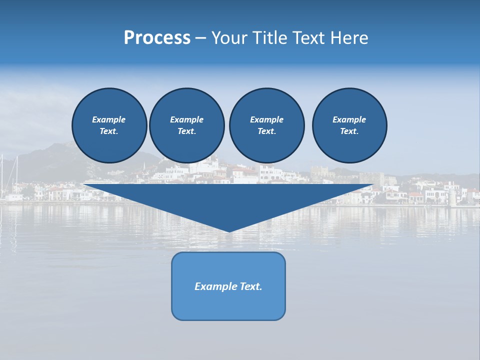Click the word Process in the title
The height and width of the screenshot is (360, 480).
pos(157,38)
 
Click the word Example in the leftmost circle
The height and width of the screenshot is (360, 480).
pos(109,119)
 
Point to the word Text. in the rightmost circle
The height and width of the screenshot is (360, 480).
pos(349,131)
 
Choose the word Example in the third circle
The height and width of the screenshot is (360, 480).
pos(266,119)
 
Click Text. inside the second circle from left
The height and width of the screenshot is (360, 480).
pos(186,131)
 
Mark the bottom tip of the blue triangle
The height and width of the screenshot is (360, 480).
pos(229,231)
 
